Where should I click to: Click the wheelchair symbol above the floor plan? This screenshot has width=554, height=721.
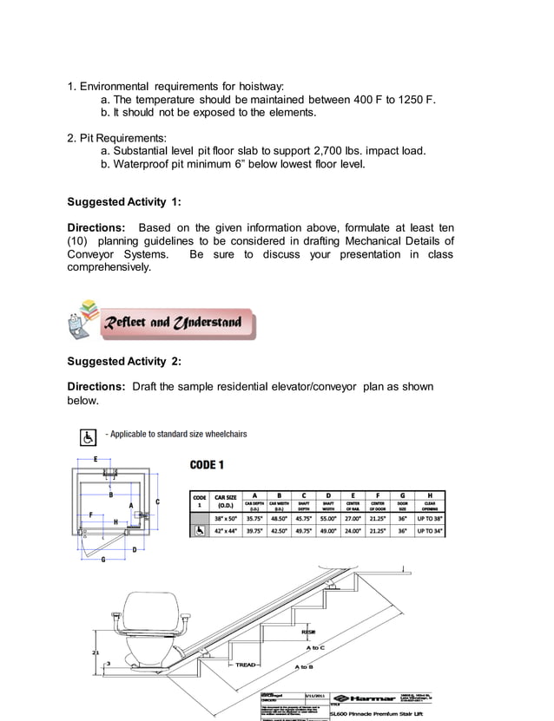(x=88, y=435)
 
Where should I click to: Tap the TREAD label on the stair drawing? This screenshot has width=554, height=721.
(x=246, y=665)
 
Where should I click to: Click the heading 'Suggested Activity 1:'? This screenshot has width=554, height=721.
(x=123, y=201)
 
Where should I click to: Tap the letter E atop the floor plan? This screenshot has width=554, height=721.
(x=95, y=457)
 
